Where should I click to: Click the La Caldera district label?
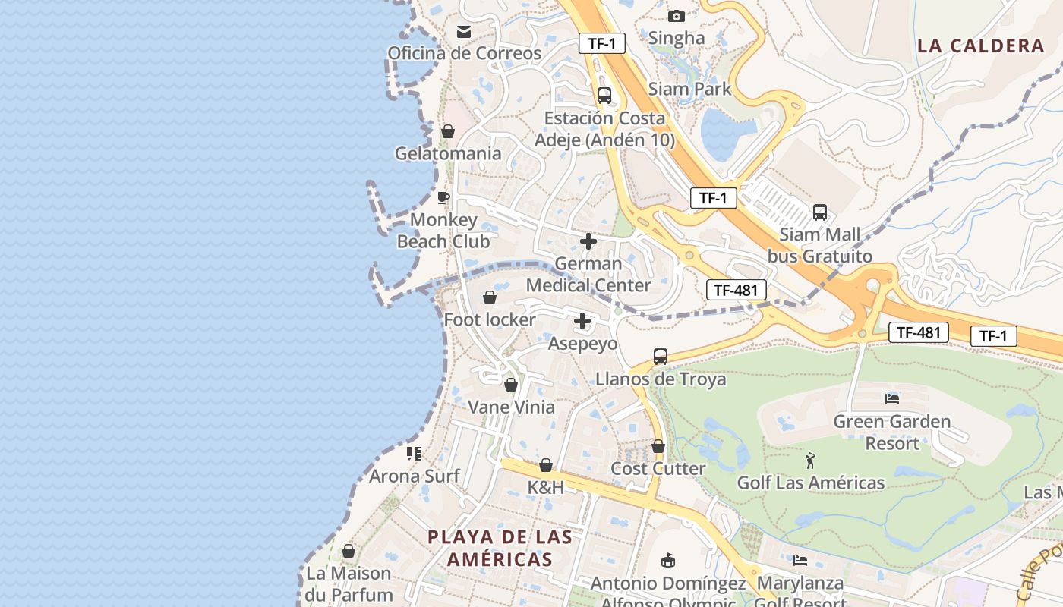click(x=981, y=46)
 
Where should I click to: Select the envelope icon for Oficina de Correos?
click(x=463, y=32)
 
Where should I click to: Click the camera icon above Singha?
click(x=677, y=16)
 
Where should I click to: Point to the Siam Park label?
click(x=689, y=89)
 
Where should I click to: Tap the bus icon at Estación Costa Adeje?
click(x=604, y=96)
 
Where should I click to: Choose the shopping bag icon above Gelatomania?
click(x=448, y=131)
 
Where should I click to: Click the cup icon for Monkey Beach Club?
click(x=444, y=198)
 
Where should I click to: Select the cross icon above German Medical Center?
click(x=588, y=241)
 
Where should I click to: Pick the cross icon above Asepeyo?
click(x=582, y=321)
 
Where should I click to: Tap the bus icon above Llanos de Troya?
click(x=661, y=356)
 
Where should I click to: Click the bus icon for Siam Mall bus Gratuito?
click(x=820, y=212)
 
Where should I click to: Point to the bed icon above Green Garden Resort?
click(x=892, y=398)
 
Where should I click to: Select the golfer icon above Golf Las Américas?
click(x=811, y=460)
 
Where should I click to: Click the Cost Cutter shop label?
click(x=658, y=468)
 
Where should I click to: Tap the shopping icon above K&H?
click(x=546, y=465)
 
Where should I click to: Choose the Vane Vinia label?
click(x=511, y=407)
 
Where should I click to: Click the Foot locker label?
click(x=490, y=319)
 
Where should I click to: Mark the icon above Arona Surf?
click(x=414, y=454)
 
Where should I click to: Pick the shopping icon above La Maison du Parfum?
click(x=349, y=551)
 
